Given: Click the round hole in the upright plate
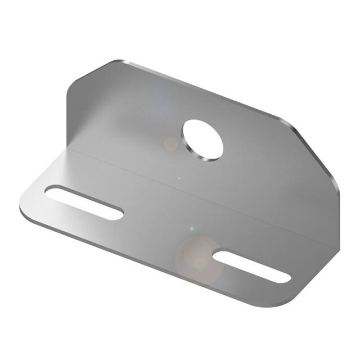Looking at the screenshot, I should [202, 139].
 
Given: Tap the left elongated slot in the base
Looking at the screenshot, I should [84, 202].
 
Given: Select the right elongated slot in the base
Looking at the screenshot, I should [253, 266].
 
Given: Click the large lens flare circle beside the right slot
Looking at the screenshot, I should [196, 256].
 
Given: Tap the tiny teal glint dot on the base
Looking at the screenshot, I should [191, 228].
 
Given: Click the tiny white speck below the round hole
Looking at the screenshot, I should [179, 179].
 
